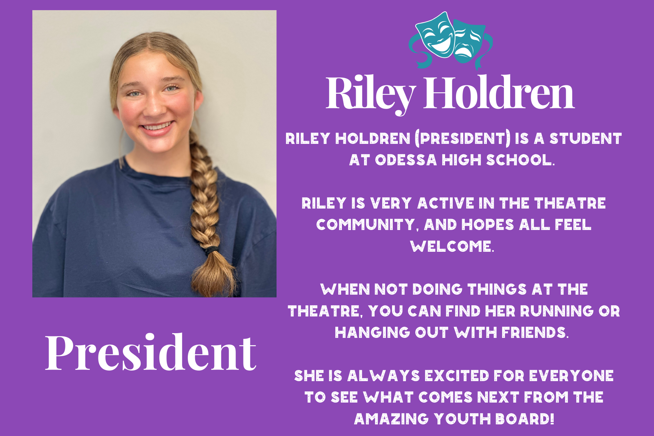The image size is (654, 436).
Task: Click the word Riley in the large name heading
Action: [371, 94]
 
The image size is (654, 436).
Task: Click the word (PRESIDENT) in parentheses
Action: [463, 138]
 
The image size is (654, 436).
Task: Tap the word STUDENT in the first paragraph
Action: [586, 138]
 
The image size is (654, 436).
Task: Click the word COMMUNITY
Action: [366, 225]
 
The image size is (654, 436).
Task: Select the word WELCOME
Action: [452, 246]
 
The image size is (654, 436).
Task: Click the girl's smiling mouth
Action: [157, 128]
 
